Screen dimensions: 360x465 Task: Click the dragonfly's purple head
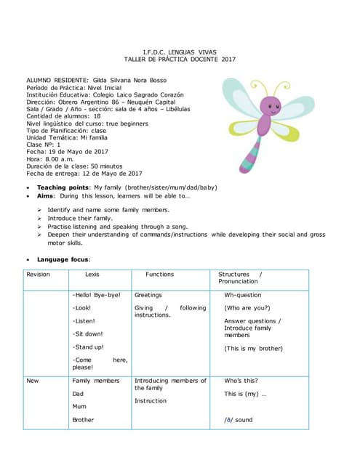[x=271, y=107]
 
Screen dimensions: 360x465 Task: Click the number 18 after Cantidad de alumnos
[x=97, y=116]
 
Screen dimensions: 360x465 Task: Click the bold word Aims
[x=46, y=196]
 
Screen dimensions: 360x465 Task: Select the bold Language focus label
[x=63, y=259]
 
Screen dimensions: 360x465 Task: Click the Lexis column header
[x=92, y=275]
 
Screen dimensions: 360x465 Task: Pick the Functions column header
[x=159, y=275]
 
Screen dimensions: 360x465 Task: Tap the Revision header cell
[x=38, y=275]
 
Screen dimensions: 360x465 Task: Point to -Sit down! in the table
[x=88, y=333]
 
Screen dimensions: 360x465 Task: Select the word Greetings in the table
[x=148, y=296]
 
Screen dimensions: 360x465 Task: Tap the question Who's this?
[x=240, y=381]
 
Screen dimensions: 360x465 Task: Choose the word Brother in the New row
[x=83, y=420]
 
